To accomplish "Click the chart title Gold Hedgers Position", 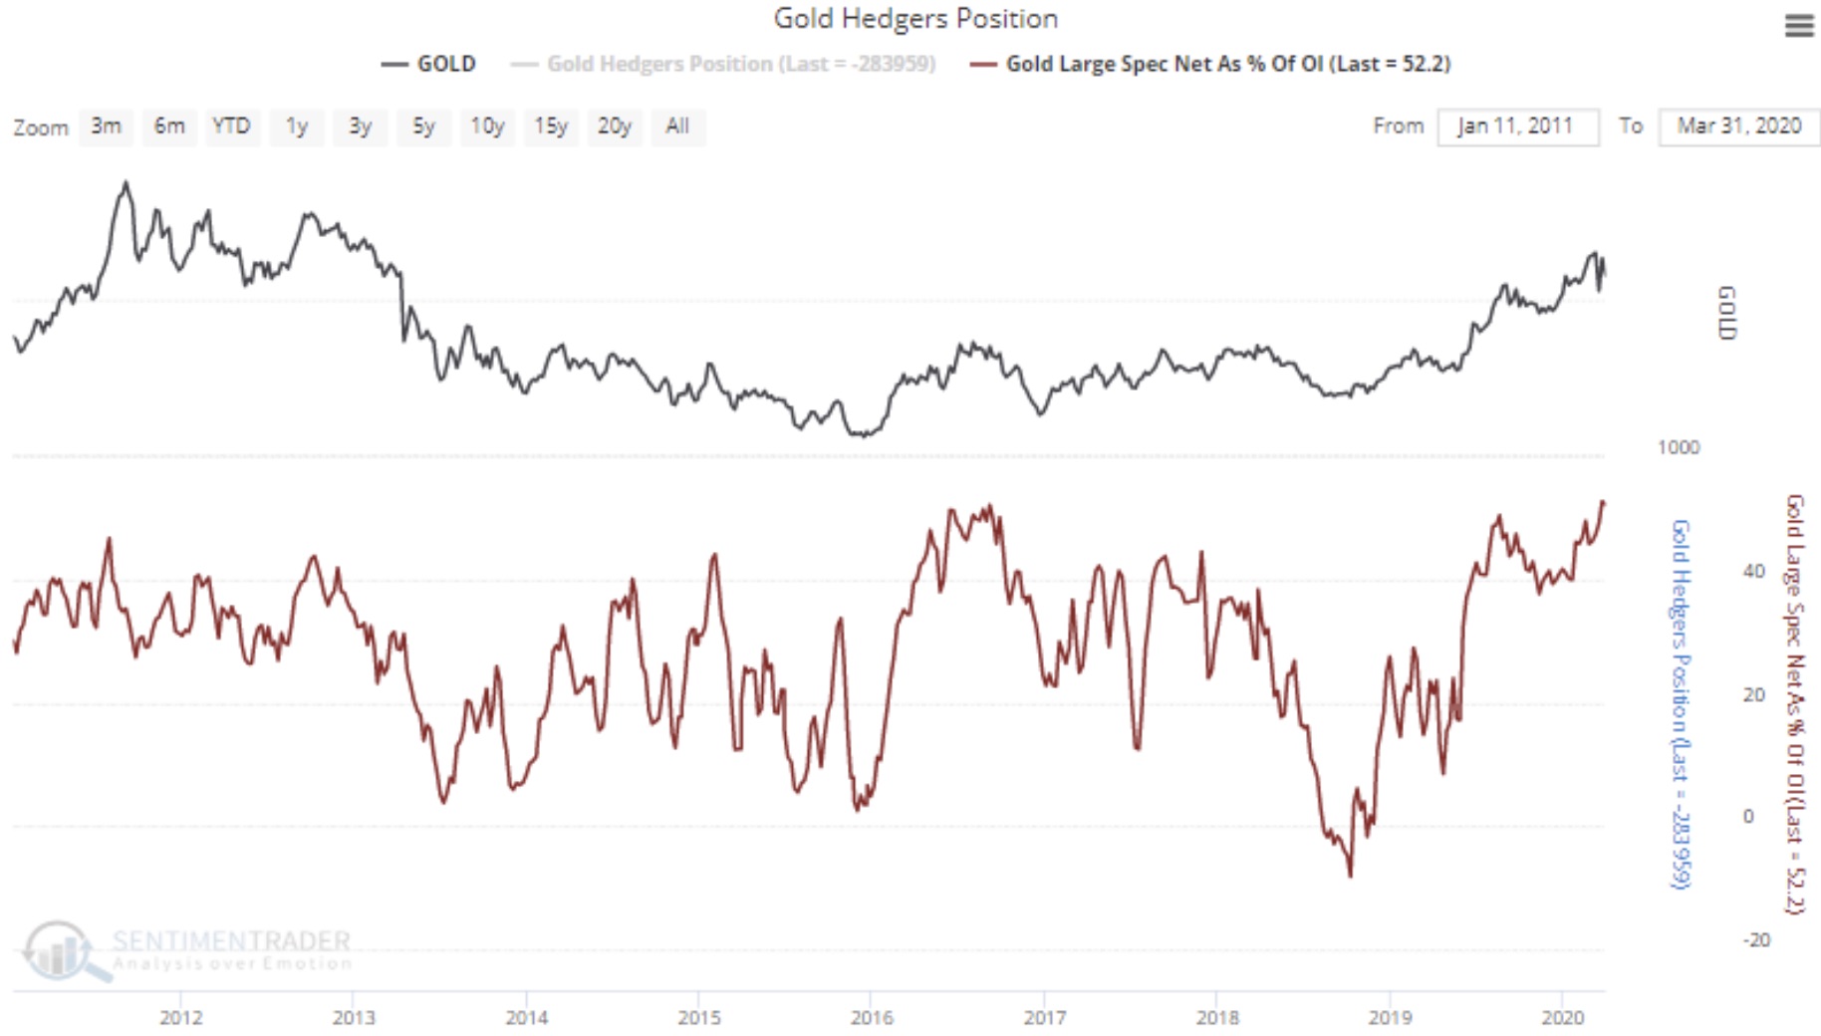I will click(x=915, y=19).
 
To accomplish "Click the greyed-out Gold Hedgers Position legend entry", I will click(x=740, y=64).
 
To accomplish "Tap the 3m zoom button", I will click(x=106, y=127).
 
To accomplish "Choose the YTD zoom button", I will click(x=231, y=127).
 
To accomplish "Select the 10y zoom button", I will click(x=487, y=127).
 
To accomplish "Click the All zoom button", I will click(x=677, y=127).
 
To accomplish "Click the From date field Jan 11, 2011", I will click(x=1516, y=127).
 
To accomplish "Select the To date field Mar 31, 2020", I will click(x=1738, y=127).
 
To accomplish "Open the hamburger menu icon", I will click(x=1798, y=26).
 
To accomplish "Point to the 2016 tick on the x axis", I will click(x=872, y=1017).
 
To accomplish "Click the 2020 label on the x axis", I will click(x=1562, y=1017).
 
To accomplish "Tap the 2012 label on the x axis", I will click(x=181, y=1017).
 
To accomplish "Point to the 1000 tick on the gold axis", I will click(x=1679, y=447).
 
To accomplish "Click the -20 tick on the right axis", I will click(x=1756, y=939).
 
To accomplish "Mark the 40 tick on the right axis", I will click(x=1754, y=571).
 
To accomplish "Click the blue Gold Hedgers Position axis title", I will click(x=1681, y=702).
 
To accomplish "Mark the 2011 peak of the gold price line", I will click(x=126, y=183).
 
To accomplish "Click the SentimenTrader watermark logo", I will click(x=60, y=949).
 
